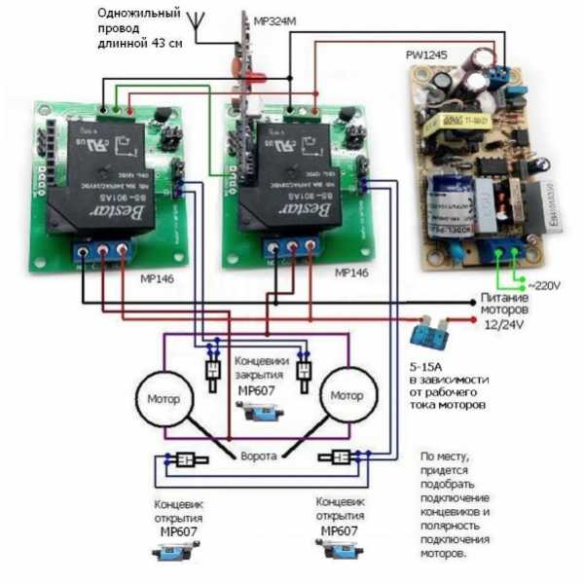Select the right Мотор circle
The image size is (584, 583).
347,396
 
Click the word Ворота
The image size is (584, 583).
259,455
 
